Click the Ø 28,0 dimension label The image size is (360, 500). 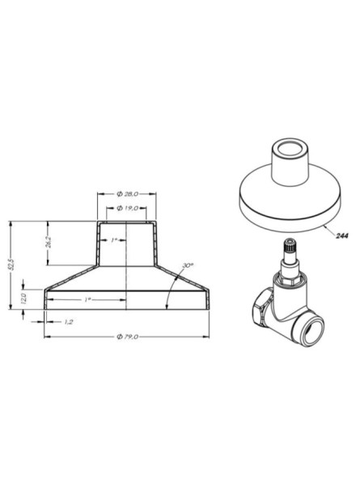click(128, 194)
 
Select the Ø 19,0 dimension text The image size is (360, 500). click(129, 209)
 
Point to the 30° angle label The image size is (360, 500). click(187, 265)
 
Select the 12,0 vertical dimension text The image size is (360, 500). click(24, 299)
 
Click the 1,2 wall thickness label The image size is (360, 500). click(70, 321)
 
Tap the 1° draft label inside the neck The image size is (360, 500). click(115, 240)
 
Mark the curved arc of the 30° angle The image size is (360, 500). click(167, 295)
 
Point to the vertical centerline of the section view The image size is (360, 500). click(128, 267)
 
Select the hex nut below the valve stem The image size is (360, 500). click(289, 279)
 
